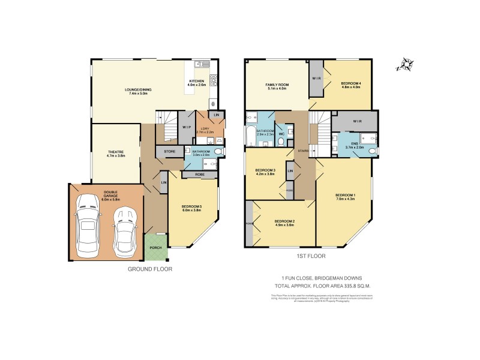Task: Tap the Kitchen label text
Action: (x=197, y=83)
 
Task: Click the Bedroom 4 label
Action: (x=350, y=85)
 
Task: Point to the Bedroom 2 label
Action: (x=284, y=224)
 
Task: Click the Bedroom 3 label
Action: (x=265, y=172)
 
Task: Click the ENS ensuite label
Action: (x=355, y=146)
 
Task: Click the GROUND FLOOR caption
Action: (x=150, y=270)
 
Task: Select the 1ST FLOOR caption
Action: (x=311, y=256)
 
